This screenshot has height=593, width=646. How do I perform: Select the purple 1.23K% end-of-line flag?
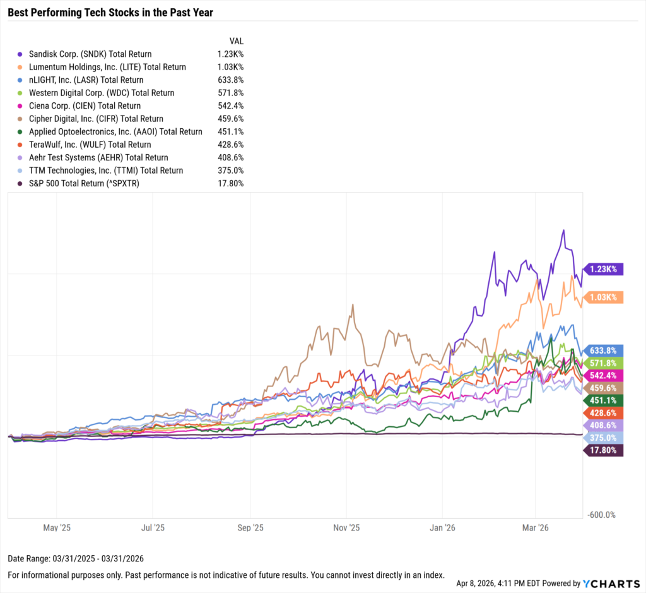tap(604, 269)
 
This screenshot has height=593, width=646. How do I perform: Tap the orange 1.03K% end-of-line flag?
tap(604, 297)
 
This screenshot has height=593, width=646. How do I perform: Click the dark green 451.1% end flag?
tap(604, 400)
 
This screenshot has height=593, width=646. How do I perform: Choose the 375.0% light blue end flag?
tap(604, 438)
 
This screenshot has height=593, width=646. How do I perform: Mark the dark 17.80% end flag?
tap(604, 450)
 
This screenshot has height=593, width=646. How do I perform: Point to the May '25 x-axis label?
tap(56, 527)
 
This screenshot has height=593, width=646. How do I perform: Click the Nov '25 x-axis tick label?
tap(346, 527)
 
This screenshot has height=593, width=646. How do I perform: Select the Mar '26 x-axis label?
tap(535, 527)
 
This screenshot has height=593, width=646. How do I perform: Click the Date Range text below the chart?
tap(76, 559)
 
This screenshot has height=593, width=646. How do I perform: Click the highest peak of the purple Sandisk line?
tap(563, 230)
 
